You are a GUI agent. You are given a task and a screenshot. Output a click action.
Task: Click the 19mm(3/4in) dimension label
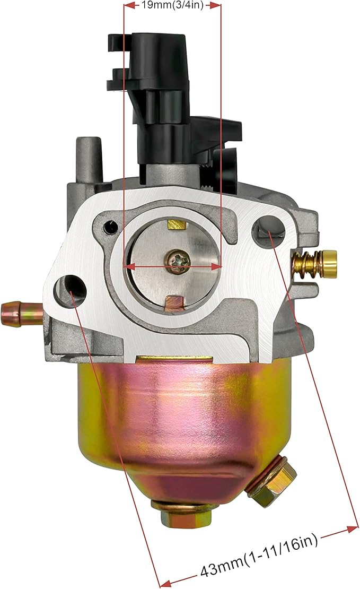pyautogui.click(x=172, y=5)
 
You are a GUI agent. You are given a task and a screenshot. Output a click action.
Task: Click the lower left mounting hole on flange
pyautogui.click(x=70, y=288)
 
